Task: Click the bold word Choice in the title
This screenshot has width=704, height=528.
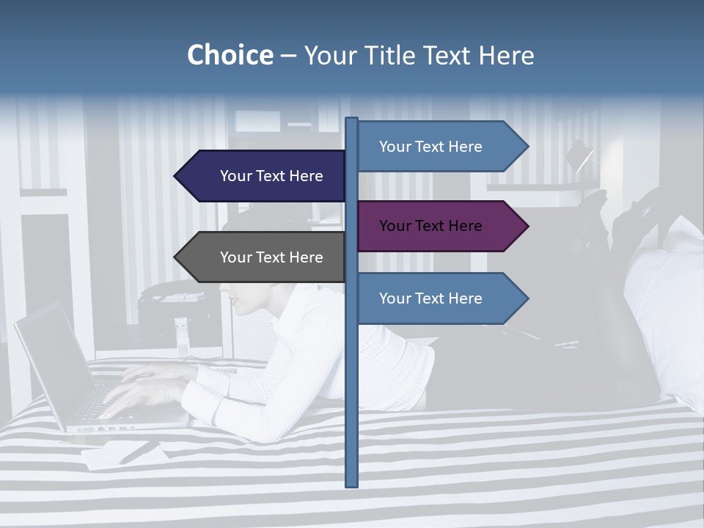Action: pos(230,56)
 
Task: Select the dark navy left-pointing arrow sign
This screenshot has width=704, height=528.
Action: pos(264,176)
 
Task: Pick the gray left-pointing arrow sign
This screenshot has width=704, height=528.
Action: pos(264,257)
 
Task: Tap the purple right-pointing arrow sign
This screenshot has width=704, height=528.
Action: pos(436,226)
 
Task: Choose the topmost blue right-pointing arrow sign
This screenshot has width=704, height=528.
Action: pos(436,147)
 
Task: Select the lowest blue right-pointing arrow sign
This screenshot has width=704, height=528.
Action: pos(436,298)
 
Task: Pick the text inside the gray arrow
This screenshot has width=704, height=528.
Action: pos(271,257)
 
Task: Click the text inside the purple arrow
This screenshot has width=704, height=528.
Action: pos(430,226)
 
